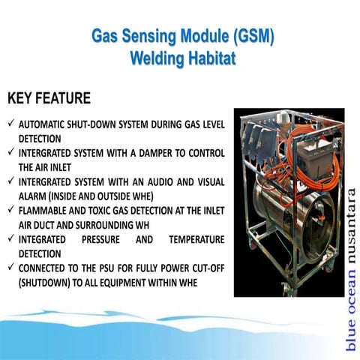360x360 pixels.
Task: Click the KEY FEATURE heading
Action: (49, 99)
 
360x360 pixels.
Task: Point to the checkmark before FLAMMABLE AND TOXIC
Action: (10, 211)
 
